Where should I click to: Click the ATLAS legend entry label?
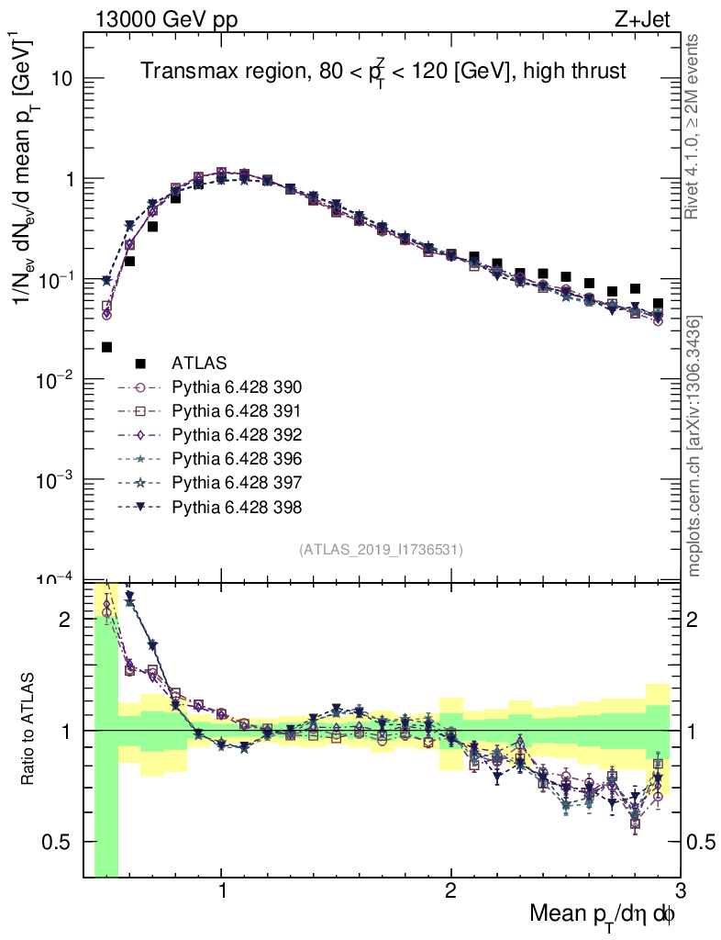(x=199, y=363)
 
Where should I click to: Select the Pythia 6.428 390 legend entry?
(x=237, y=386)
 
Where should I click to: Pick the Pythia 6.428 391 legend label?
(x=237, y=410)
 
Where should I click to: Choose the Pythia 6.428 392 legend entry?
(x=237, y=434)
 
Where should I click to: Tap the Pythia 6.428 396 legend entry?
(x=237, y=458)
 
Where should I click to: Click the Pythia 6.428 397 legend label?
(x=237, y=482)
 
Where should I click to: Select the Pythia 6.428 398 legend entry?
(x=237, y=506)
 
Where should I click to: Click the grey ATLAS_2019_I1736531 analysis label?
(x=381, y=550)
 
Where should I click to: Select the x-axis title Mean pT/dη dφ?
(x=603, y=914)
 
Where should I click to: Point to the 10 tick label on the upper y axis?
(x=61, y=79)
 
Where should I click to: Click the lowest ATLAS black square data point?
(x=106, y=347)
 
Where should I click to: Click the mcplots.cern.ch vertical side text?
(x=694, y=446)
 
